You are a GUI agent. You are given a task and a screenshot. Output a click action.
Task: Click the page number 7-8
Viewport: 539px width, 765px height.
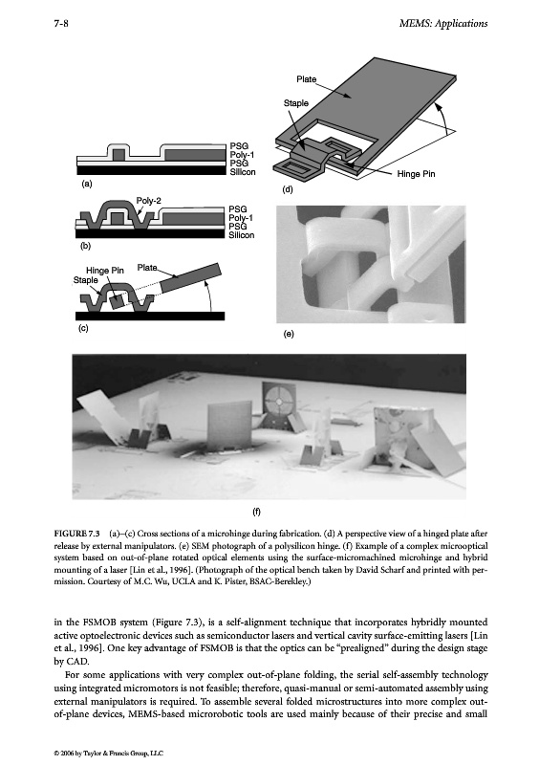(x=61, y=23)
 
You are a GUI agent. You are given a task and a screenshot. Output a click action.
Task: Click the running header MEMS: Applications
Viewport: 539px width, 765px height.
(x=442, y=23)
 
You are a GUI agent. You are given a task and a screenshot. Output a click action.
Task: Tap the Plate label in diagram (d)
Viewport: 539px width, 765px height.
(x=307, y=79)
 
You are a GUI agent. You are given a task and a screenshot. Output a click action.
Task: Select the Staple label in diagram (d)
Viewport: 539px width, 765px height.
(x=296, y=103)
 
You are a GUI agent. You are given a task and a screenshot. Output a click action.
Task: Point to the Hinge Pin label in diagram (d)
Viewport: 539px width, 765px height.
(x=416, y=174)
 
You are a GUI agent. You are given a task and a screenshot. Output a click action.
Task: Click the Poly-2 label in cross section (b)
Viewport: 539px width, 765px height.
(x=149, y=201)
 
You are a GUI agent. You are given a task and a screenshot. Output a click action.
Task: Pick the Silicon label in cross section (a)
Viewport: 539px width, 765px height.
(x=243, y=172)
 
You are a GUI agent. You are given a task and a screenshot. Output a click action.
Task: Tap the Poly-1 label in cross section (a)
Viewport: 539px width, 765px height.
(x=243, y=155)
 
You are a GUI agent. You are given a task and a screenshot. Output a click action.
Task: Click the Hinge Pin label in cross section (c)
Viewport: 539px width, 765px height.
(x=105, y=271)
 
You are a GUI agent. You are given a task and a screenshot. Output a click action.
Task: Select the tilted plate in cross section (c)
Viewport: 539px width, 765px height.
(x=191, y=278)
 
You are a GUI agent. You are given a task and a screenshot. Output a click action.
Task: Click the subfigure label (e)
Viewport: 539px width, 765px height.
(x=289, y=334)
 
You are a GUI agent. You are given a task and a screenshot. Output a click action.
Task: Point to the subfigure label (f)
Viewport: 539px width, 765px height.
(x=256, y=512)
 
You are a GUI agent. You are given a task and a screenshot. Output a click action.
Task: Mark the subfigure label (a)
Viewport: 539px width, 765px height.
(x=86, y=184)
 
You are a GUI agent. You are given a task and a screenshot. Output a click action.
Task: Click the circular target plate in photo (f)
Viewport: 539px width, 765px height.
(x=278, y=401)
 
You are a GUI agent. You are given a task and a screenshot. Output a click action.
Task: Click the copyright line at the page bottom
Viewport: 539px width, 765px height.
(x=109, y=754)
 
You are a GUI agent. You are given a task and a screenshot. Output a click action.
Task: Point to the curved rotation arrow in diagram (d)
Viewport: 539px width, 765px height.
(x=442, y=118)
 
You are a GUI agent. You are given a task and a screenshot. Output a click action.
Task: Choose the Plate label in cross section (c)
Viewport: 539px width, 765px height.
(x=147, y=268)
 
